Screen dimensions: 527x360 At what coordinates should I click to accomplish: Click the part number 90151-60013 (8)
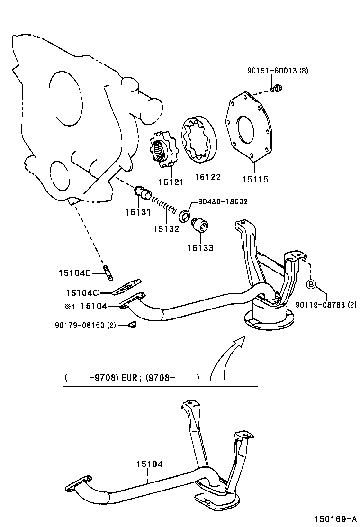pyautogui.click(x=277, y=71)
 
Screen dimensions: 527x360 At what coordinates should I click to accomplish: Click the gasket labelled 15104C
pyautogui.click(x=127, y=288)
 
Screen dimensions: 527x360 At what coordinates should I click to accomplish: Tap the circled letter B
pyautogui.click(x=311, y=284)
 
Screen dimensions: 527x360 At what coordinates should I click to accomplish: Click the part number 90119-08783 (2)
pyautogui.click(x=326, y=305)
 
